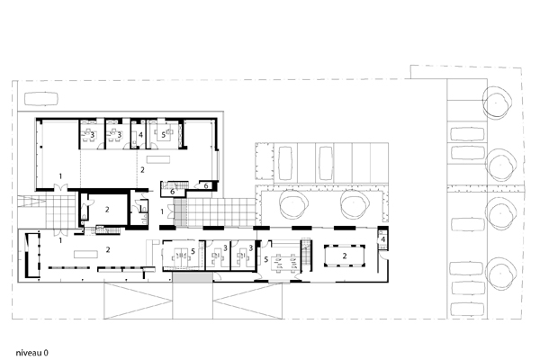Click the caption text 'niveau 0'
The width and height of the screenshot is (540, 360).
point(32,353)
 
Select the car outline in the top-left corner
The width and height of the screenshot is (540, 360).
point(41,98)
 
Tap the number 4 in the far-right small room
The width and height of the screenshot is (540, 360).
point(383,239)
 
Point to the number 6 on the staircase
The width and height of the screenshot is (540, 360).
point(172,192)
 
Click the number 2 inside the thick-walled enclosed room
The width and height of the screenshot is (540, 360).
point(107,209)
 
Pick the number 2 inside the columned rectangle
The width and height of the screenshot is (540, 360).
point(345,256)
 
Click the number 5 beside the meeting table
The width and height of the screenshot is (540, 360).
point(265,259)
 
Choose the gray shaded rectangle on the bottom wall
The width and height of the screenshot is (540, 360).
point(193,277)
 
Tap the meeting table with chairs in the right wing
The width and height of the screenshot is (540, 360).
point(285,263)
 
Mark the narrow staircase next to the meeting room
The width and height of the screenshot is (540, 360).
point(306,255)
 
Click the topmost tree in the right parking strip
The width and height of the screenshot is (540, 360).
point(497,103)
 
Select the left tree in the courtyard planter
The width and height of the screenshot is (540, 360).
point(293,204)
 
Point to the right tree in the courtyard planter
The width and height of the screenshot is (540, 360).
point(355,204)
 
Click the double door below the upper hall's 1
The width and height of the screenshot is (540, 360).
point(60,188)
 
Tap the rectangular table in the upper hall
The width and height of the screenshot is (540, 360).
point(158,159)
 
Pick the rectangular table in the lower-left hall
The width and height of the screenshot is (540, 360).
point(85,255)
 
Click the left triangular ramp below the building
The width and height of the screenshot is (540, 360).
point(138,301)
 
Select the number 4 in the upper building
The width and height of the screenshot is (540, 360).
point(140,135)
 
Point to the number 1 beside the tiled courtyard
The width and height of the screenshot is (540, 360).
point(162,211)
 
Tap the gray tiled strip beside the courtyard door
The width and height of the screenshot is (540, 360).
point(180,212)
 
